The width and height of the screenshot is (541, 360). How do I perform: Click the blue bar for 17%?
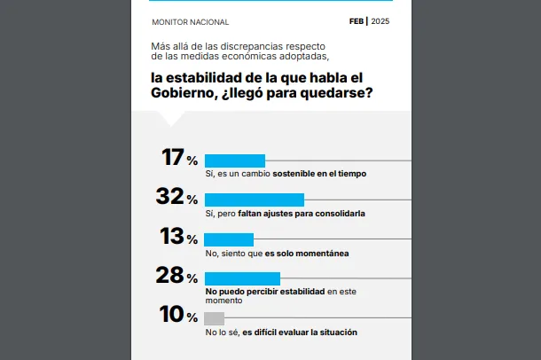[x=234, y=160]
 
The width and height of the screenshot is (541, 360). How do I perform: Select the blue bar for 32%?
[x=254, y=200]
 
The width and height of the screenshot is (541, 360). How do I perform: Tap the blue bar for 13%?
[x=229, y=239]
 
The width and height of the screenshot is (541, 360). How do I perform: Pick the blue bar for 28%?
[x=242, y=278]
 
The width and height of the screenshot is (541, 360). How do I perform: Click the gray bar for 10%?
[x=214, y=318]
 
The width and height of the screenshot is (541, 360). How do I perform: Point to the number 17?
[x=172, y=158]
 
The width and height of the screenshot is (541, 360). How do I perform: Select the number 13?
[x=171, y=237]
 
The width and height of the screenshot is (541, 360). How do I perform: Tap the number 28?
[x=169, y=276]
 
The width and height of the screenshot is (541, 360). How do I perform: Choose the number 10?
[x=170, y=315]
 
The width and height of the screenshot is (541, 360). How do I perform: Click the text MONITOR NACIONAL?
[x=190, y=22]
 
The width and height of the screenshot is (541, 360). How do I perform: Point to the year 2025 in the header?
[x=380, y=21]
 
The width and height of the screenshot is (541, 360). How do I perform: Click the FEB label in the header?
[x=357, y=21]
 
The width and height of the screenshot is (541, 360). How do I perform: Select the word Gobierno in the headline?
[x=182, y=94]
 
